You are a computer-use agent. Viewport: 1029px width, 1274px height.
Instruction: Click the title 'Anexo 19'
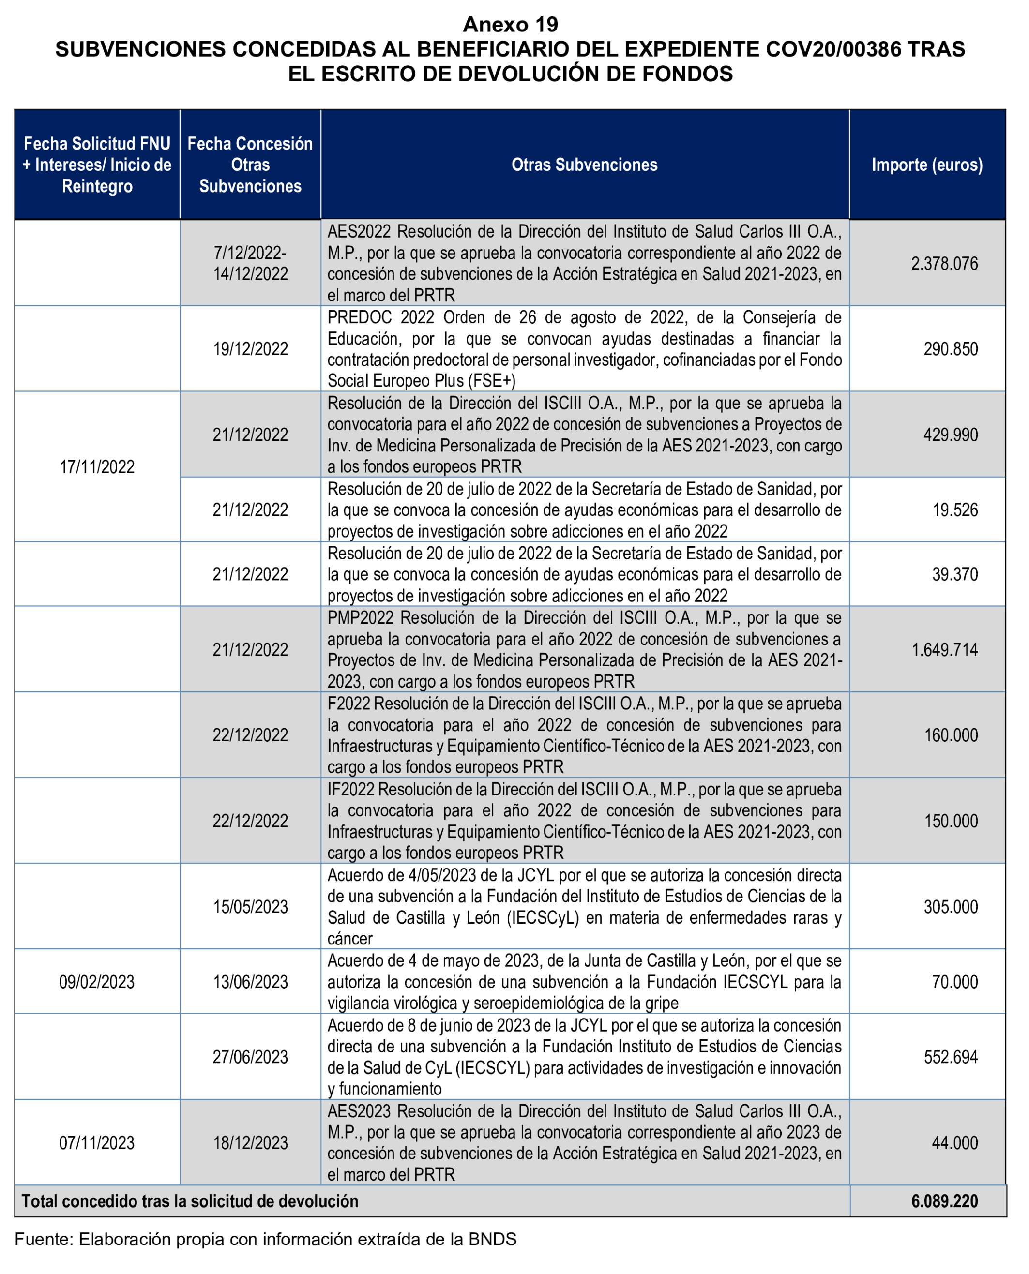[510, 24]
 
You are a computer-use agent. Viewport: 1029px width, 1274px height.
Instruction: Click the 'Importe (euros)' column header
[926, 165]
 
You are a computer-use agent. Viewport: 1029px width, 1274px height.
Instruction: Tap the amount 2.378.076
[944, 263]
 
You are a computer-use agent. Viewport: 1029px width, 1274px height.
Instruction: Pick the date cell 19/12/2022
[250, 348]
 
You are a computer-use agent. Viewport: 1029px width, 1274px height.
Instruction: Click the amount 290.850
[950, 348]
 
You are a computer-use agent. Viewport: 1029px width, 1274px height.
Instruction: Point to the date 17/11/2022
[97, 467]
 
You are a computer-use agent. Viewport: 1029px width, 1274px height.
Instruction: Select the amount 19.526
[954, 510]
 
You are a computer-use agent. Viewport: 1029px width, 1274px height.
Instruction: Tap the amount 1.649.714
[944, 649]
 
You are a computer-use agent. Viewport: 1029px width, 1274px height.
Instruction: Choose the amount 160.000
[950, 735]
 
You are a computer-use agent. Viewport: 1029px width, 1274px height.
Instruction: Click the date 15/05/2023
[250, 907]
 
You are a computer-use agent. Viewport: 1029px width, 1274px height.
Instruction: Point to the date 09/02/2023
[97, 982]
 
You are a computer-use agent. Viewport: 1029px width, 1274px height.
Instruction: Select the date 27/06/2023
[250, 1057]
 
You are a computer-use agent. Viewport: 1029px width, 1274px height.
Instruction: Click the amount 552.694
[950, 1057]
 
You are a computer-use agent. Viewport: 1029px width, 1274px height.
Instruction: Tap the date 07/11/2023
[97, 1143]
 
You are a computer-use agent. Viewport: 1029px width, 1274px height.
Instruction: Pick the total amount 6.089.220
[944, 1201]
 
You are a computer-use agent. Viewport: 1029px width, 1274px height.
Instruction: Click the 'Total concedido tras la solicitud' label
[190, 1201]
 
